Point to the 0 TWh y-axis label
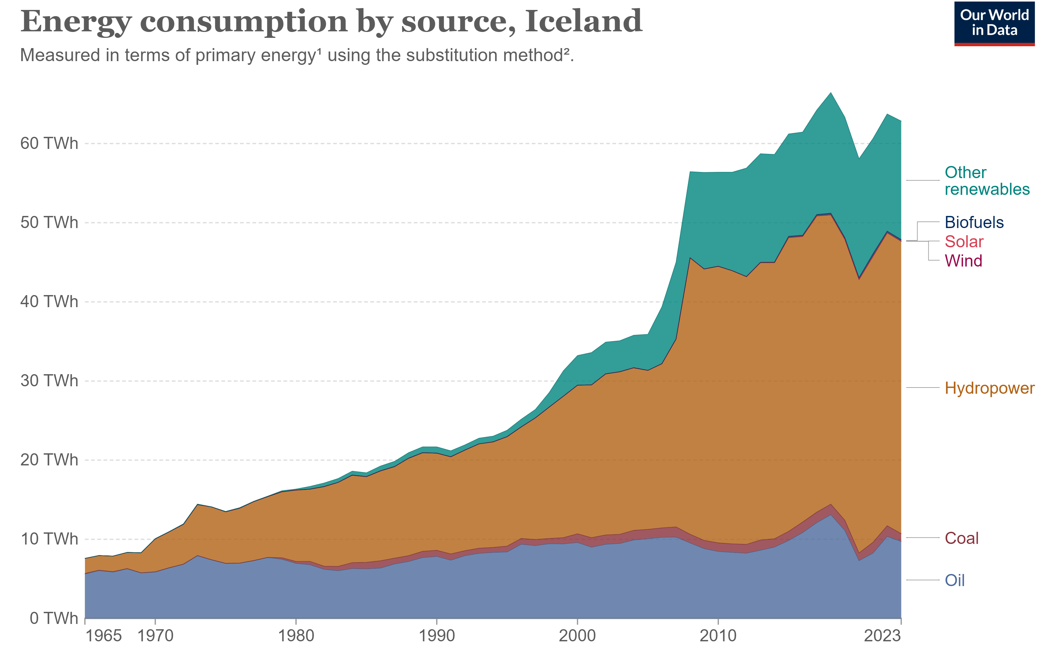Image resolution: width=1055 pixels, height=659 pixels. coord(54,618)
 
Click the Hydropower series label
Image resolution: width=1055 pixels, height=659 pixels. coord(989,388)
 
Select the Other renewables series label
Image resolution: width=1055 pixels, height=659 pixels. coord(987,181)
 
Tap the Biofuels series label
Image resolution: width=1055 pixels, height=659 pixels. coord(974,222)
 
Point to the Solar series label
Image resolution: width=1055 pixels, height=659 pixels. coord(964,241)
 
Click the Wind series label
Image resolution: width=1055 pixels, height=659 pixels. coord(963,261)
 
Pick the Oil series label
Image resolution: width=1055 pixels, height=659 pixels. coord(954,580)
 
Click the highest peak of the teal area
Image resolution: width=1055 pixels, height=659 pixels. coord(831,93)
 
